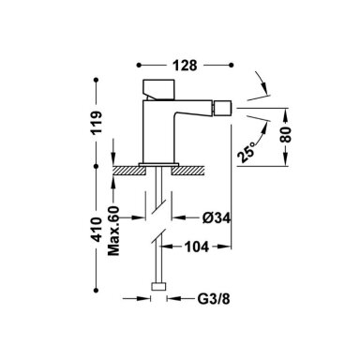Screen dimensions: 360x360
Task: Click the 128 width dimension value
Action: [185, 66]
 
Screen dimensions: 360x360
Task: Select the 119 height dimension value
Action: [97, 123]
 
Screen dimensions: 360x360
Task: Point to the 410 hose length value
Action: [97, 229]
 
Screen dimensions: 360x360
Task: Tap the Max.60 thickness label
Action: [113, 231]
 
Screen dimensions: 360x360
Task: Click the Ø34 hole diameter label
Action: [217, 217]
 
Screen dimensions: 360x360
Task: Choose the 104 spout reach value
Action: [197, 247]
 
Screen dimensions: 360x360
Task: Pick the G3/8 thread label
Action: [214, 299]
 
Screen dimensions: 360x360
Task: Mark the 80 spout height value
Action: [286, 134]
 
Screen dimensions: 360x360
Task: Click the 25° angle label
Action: [247, 152]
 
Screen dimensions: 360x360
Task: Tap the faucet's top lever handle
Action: [158, 89]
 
